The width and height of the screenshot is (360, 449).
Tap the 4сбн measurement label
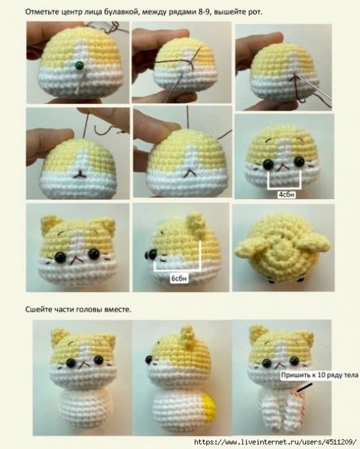click(x=284, y=193)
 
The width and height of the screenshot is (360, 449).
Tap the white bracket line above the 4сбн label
click(x=283, y=185)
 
